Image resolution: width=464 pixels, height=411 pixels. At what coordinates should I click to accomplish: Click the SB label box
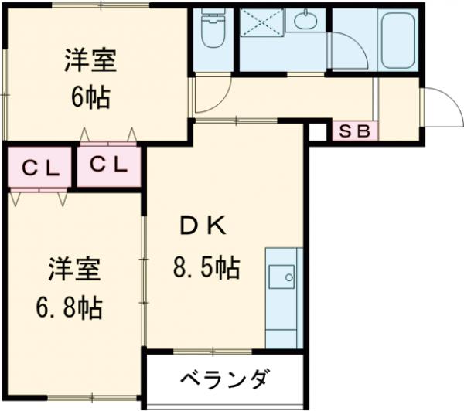point(355,131)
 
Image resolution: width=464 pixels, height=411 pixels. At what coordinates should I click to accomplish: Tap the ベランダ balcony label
point(225,380)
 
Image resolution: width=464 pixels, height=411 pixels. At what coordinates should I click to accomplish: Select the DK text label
point(203,226)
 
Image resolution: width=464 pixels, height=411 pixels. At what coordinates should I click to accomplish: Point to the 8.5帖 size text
point(204,268)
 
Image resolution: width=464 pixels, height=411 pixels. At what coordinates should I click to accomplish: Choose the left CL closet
point(38,168)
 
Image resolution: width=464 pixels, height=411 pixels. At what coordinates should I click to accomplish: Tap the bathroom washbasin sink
point(307,19)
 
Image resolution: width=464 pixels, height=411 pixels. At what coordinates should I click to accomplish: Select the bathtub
point(397,39)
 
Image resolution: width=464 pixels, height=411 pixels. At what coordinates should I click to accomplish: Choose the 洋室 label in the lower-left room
point(74,271)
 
